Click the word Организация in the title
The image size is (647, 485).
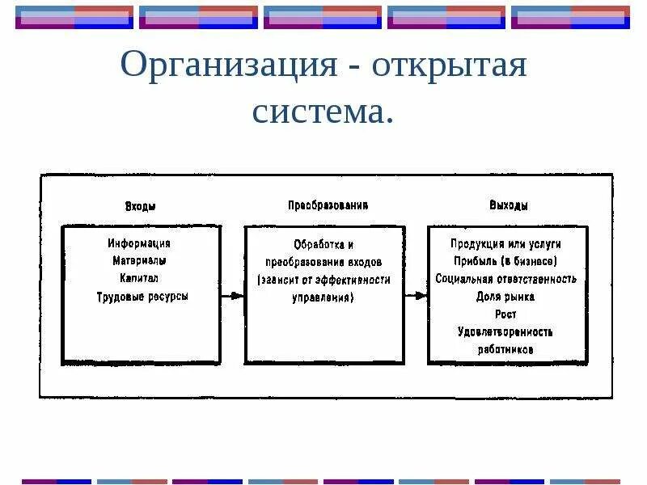pyautogui.click(x=228, y=65)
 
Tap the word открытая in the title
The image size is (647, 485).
pyautogui.click(x=450, y=65)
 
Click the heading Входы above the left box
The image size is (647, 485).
pyautogui.click(x=141, y=206)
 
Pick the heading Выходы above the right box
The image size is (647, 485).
pyautogui.click(x=509, y=206)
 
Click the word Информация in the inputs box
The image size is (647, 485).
pyautogui.click(x=139, y=243)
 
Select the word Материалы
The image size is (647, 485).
pyautogui.click(x=140, y=261)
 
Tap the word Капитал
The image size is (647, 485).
pyautogui.click(x=139, y=279)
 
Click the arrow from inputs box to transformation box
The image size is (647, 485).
pyautogui.click(x=231, y=296)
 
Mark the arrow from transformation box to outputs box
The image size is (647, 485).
pyautogui.click(x=416, y=296)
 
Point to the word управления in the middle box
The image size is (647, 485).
pyautogui.click(x=323, y=297)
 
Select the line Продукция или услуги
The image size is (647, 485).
pyautogui.click(x=506, y=243)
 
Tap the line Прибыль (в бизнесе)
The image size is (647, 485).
pyautogui.click(x=506, y=261)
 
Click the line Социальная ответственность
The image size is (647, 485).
pyautogui.click(x=506, y=279)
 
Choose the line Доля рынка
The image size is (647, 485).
pyautogui.click(x=505, y=297)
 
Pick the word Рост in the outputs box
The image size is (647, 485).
pyautogui.click(x=505, y=314)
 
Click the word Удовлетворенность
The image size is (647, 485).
pyautogui.click(x=505, y=332)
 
